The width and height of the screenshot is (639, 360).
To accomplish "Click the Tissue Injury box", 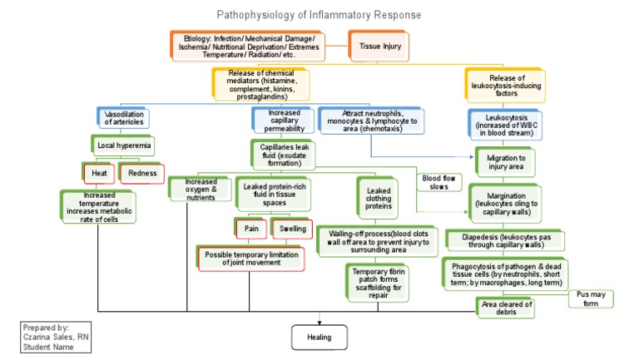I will (x=380, y=47).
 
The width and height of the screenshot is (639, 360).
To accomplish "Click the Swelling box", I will (x=291, y=228).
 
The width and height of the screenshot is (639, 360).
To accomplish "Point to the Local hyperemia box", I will (x=121, y=145).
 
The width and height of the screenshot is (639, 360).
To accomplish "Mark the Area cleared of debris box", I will (x=506, y=307).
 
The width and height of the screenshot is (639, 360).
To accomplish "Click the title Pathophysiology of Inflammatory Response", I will (x=319, y=15).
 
